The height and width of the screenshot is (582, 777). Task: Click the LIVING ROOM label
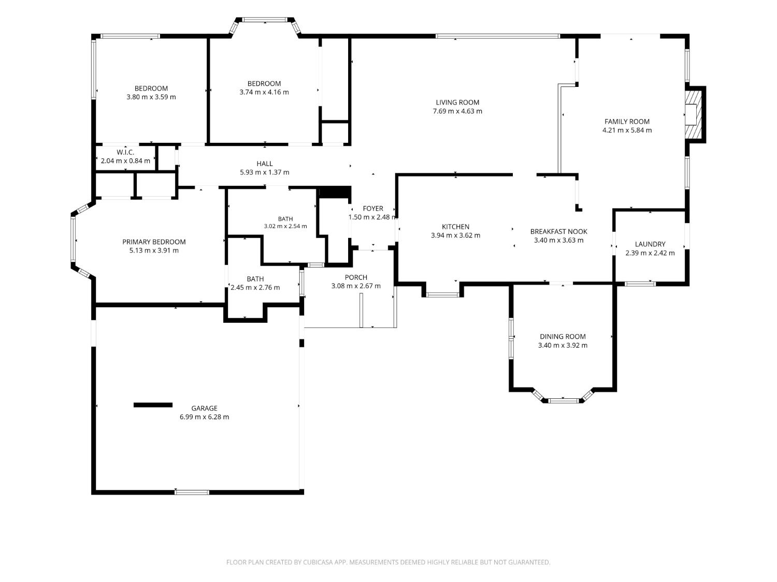457,102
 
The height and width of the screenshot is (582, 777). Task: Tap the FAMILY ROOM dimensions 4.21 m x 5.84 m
627,130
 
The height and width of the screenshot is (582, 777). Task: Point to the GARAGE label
204,408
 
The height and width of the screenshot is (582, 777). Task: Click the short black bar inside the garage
153,405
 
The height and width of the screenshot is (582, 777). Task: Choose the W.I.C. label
125,152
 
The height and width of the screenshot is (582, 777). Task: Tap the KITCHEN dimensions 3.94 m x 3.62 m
455,235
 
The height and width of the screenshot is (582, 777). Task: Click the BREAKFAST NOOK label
558,231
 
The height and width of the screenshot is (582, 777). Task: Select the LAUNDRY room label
650,244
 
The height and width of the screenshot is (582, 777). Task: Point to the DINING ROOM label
563,337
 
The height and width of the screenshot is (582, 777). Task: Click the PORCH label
356,277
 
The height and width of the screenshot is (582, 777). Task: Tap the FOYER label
373,208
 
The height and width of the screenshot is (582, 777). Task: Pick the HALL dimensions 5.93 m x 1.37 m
264,172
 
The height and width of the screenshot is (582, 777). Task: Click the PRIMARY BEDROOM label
154,242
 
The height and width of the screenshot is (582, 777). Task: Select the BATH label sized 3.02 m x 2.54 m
285,219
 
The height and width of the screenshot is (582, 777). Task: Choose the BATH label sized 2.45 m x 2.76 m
255,279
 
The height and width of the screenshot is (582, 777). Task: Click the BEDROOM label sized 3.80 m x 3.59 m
151,88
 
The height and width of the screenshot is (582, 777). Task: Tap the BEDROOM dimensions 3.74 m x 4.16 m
264,92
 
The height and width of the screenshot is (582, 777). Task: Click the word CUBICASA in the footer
318,562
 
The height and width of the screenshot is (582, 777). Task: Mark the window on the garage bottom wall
192,492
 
